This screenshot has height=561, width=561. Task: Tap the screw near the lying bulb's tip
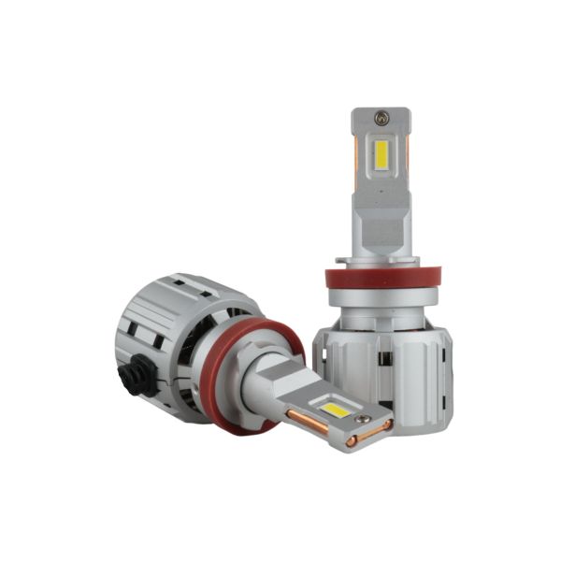(x=352, y=439)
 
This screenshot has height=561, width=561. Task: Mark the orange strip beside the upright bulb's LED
(x=360, y=159)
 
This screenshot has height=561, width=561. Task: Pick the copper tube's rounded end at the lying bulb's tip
(x=386, y=425)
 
